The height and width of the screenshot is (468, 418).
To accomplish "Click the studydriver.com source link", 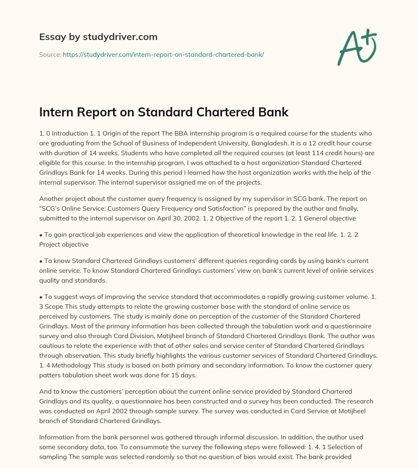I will (163, 54).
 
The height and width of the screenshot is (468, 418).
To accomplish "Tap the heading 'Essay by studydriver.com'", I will (98, 37).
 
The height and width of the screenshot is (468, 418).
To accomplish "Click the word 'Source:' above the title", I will (50, 54).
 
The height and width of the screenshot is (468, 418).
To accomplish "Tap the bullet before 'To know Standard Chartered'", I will (41, 261).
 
